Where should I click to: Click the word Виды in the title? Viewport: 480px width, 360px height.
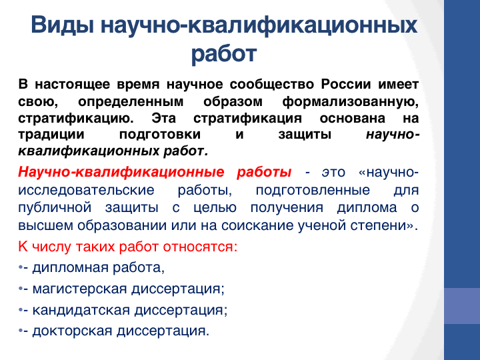click(63, 25)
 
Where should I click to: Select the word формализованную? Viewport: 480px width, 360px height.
click(351, 102)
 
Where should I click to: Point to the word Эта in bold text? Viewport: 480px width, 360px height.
click(164, 118)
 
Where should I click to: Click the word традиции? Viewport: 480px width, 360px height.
click(51, 135)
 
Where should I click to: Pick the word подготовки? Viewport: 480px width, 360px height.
click(160, 135)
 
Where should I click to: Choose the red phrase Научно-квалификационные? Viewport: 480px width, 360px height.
click(121, 172)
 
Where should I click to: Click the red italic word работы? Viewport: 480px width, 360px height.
click(264, 173)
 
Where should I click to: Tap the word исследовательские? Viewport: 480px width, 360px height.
click(86, 190)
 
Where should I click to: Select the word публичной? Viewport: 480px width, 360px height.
click(55, 208)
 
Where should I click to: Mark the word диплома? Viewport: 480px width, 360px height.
click(367, 208)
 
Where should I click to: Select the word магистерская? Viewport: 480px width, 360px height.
click(79, 289)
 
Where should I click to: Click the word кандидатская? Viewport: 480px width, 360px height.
click(81, 310)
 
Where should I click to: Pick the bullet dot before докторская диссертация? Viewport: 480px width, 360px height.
click(21, 331)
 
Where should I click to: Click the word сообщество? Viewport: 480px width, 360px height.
click(272, 84)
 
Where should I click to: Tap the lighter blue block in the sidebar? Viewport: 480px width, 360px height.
click(462, 306)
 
